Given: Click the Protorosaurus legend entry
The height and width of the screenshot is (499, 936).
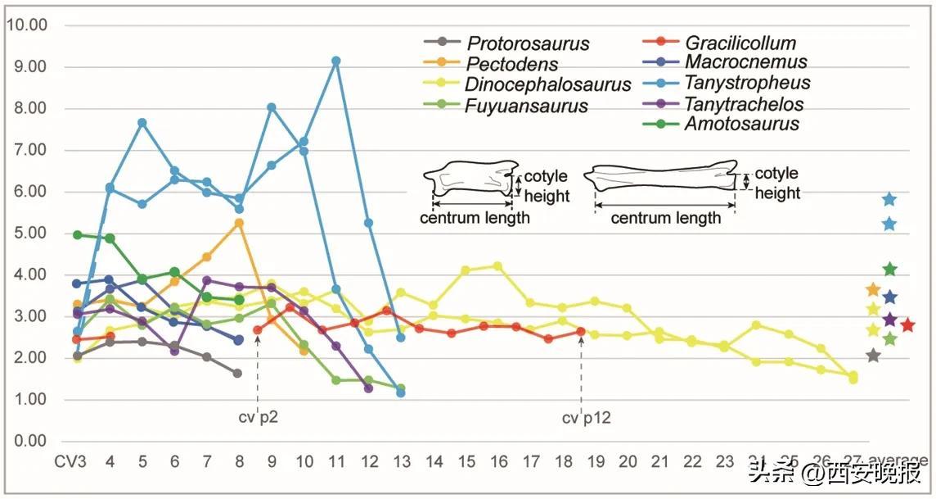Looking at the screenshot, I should (x=528, y=44).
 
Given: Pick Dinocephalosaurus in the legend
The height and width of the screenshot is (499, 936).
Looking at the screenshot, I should (x=547, y=84).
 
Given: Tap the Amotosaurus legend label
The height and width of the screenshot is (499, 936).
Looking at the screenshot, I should (x=742, y=125).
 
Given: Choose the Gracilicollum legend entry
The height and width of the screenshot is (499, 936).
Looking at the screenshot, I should (x=740, y=43).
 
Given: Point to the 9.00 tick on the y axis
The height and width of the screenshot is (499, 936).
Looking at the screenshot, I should (x=27, y=67).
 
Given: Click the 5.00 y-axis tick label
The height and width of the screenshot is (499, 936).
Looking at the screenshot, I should (x=27, y=234).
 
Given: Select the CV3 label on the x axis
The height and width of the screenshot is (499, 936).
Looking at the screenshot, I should (x=70, y=460).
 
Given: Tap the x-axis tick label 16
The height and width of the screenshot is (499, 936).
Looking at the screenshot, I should (x=498, y=460).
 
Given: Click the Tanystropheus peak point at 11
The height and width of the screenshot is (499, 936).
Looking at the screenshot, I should (x=336, y=61).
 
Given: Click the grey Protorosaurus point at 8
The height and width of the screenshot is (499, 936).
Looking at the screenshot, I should (x=237, y=374).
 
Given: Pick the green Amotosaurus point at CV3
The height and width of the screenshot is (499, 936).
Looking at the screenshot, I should (x=78, y=235).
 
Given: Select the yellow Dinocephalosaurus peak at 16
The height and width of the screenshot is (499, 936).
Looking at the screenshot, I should (x=498, y=266).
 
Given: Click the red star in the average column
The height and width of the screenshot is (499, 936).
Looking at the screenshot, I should (x=907, y=325).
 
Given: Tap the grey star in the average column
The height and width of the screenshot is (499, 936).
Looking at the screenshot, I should (x=873, y=356).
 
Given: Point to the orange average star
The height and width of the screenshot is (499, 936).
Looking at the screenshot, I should (x=873, y=290).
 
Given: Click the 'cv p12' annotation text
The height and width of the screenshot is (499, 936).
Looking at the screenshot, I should (x=586, y=419).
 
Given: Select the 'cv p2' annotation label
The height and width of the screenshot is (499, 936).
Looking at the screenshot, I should (x=259, y=419).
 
